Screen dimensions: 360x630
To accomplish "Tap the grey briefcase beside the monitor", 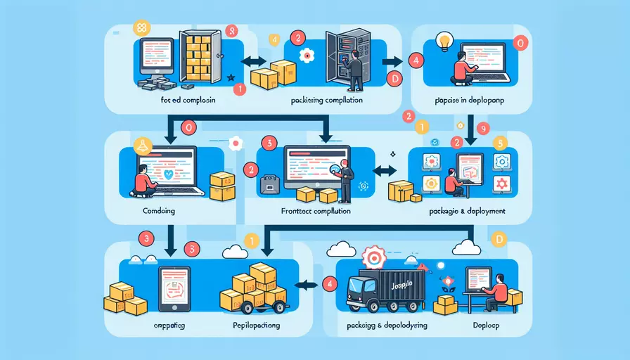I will (269, 185).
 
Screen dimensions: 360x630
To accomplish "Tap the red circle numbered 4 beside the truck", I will (328, 283).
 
